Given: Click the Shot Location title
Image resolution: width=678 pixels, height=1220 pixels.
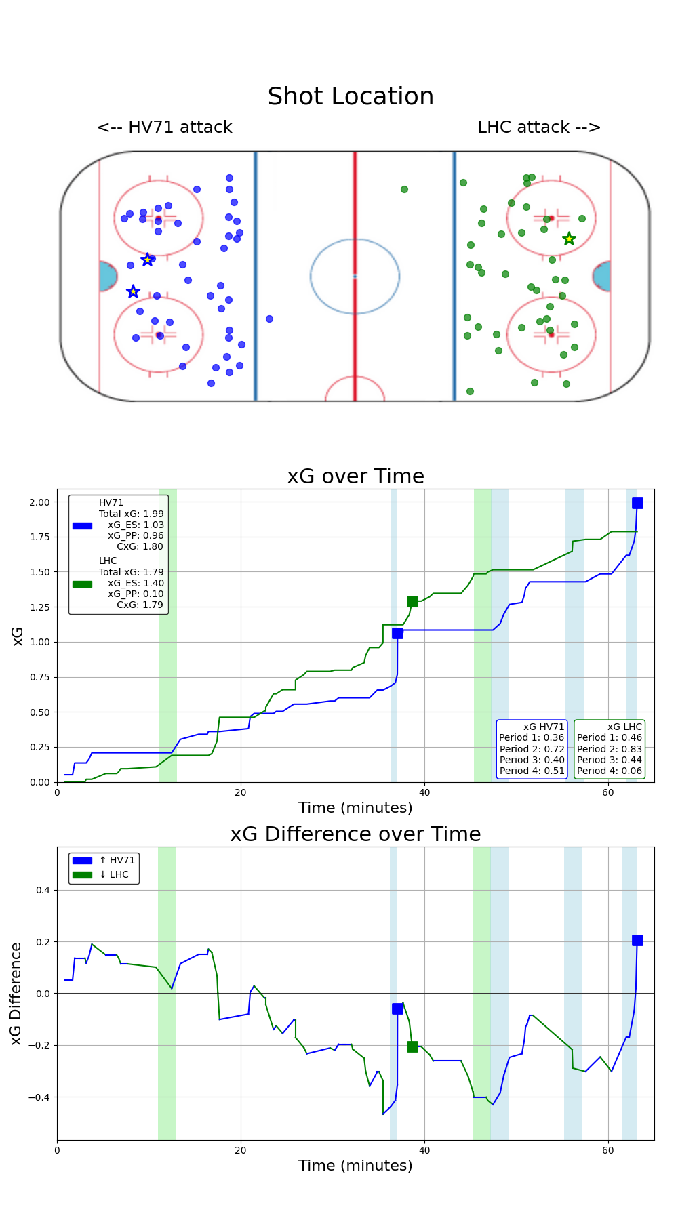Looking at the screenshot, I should pyautogui.click(x=351, y=97).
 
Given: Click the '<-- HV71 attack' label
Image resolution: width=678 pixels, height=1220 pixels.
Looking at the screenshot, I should pyautogui.click(x=165, y=127).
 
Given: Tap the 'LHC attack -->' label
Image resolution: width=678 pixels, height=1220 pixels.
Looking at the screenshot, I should pyautogui.click(x=539, y=127).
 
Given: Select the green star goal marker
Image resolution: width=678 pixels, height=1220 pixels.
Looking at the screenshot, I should pyautogui.click(x=569, y=239).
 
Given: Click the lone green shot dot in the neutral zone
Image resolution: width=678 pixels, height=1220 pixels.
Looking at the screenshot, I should pyautogui.click(x=404, y=189).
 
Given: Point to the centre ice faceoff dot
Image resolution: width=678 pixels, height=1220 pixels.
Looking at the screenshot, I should pyautogui.click(x=355, y=276).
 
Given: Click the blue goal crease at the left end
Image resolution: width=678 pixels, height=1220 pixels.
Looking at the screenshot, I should pyautogui.click(x=107, y=277).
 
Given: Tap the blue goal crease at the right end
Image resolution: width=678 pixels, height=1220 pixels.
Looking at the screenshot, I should pyautogui.click(x=602, y=277).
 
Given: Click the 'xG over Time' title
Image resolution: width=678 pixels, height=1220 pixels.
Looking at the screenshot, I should pyautogui.click(x=355, y=476).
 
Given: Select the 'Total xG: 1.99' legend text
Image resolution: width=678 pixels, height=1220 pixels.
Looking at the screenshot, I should pyautogui.click(x=131, y=514).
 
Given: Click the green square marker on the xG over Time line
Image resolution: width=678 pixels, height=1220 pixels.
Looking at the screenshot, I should pyautogui.click(x=412, y=601).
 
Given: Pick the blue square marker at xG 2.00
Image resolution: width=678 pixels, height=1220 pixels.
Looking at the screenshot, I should pyautogui.click(x=637, y=503).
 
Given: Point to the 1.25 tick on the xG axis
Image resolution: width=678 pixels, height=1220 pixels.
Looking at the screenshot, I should pyautogui.click(x=40, y=607).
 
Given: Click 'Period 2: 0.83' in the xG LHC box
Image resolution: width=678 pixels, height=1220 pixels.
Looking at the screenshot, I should pyautogui.click(x=609, y=749).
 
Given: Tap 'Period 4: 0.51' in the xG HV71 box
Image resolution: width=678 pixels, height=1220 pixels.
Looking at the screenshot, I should pyautogui.click(x=532, y=771).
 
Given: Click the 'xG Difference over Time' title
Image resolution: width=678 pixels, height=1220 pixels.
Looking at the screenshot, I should pyautogui.click(x=355, y=834).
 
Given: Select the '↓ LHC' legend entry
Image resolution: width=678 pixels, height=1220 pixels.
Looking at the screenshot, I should pyautogui.click(x=113, y=874).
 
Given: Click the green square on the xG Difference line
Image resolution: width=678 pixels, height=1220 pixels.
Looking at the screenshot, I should pyautogui.click(x=412, y=1046).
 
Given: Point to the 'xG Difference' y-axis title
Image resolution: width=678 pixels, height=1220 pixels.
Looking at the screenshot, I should pyautogui.click(x=16, y=993).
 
